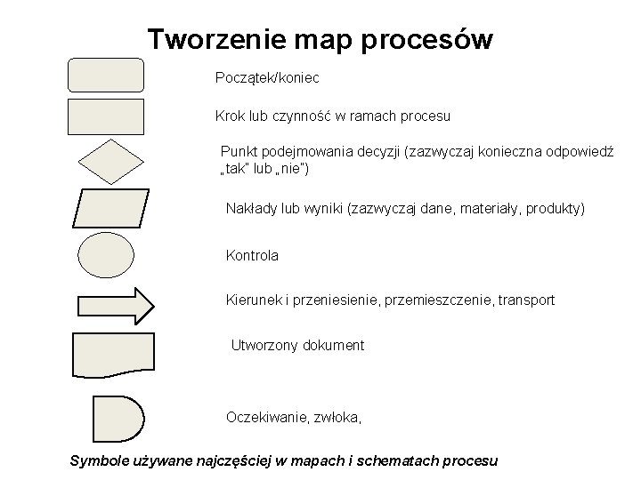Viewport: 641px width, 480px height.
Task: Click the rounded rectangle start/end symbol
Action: pyautogui.click(x=105, y=75)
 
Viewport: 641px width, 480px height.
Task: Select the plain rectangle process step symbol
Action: pyautogui.click(x=105, y=116)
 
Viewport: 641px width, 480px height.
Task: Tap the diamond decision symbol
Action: pyautogui.click(x=105, y=162)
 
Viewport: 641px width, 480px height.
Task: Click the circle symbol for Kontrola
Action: pyautogui.click(x=105, y=255)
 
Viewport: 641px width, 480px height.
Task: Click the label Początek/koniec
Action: pyautogui.click(x=267, y=78)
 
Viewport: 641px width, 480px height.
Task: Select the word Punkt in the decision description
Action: pyautogui.click(x=238, y=152)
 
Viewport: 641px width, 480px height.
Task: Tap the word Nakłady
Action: pyautogui.click(x=252, y=209)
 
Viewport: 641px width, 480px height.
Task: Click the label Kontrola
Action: pyautogui.click(x=252, y=255)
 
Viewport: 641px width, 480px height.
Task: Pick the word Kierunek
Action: pyautogui.click(x=255, y=300)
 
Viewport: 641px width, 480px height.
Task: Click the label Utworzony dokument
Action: pyautogui.click(x=297, y=345)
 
